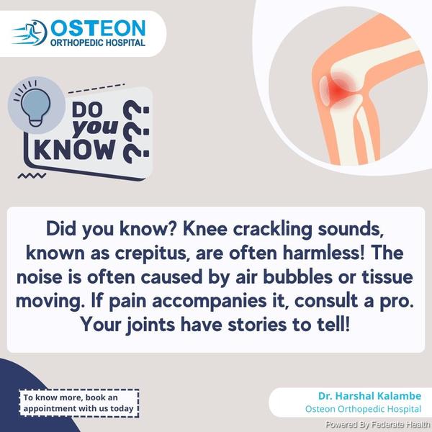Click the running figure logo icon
[30, 32]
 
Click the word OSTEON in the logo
[98, 28]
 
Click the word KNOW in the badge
[75, 150]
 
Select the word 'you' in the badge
[95, 128]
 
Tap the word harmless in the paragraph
[323, 253]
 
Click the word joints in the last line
[150, 325]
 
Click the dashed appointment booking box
[78, 402]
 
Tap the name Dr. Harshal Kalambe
[369, 396]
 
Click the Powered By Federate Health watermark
[377, 424]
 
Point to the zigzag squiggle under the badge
[32, 176]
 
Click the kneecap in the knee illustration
[324, 91]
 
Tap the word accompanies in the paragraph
[209, 302]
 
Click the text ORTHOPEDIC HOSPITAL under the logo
[98, 42]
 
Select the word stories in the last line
[257, 325]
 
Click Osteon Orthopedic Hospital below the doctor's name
[363, 409]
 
